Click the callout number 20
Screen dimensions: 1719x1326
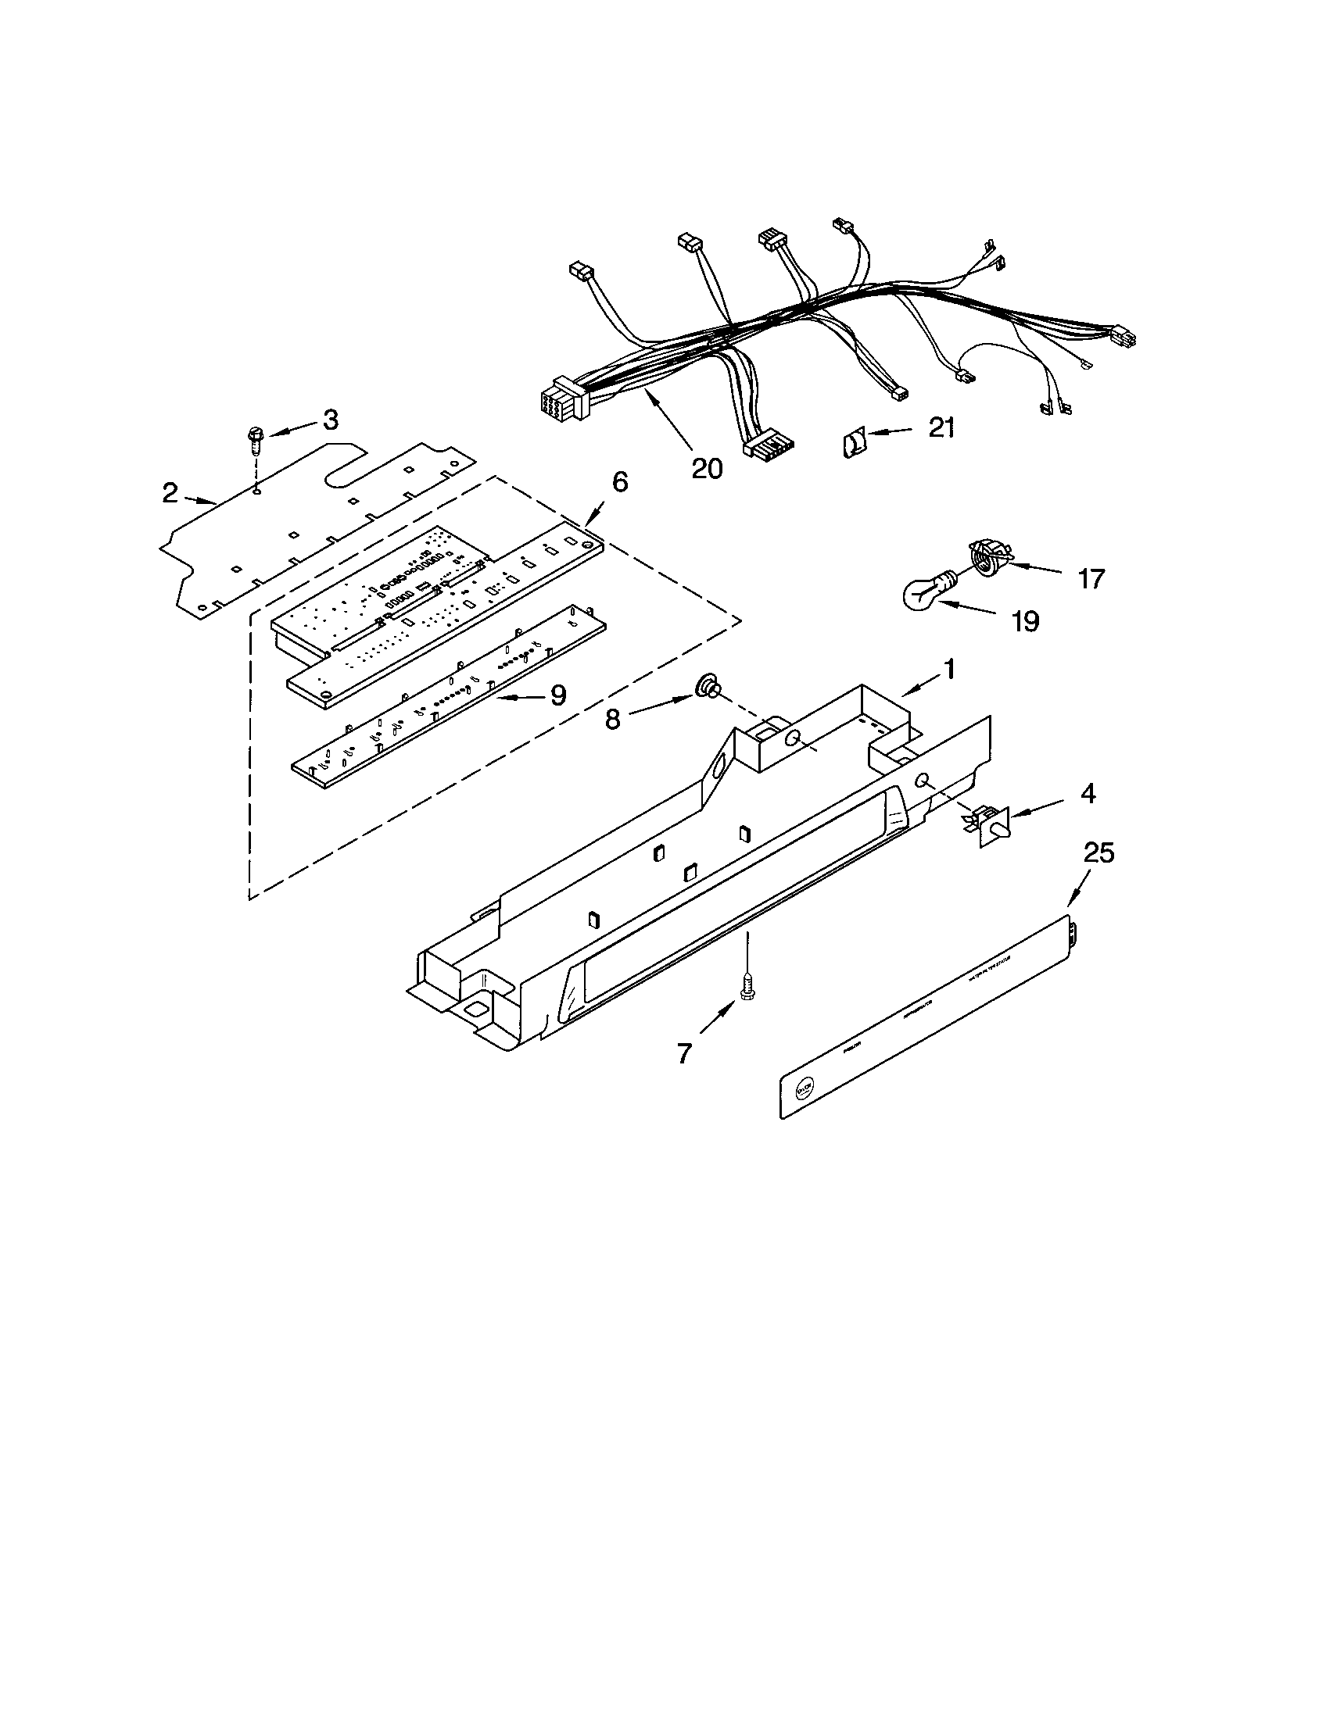pos(706,468)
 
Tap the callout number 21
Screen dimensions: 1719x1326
pos(941,427)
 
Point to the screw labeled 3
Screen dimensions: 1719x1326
pos(256,441)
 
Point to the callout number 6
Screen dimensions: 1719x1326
pos(620,481)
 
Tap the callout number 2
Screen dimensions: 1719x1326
pos(170,493)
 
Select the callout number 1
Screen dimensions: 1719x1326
pos(950,669)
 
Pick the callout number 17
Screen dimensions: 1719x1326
pos(1091,579)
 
